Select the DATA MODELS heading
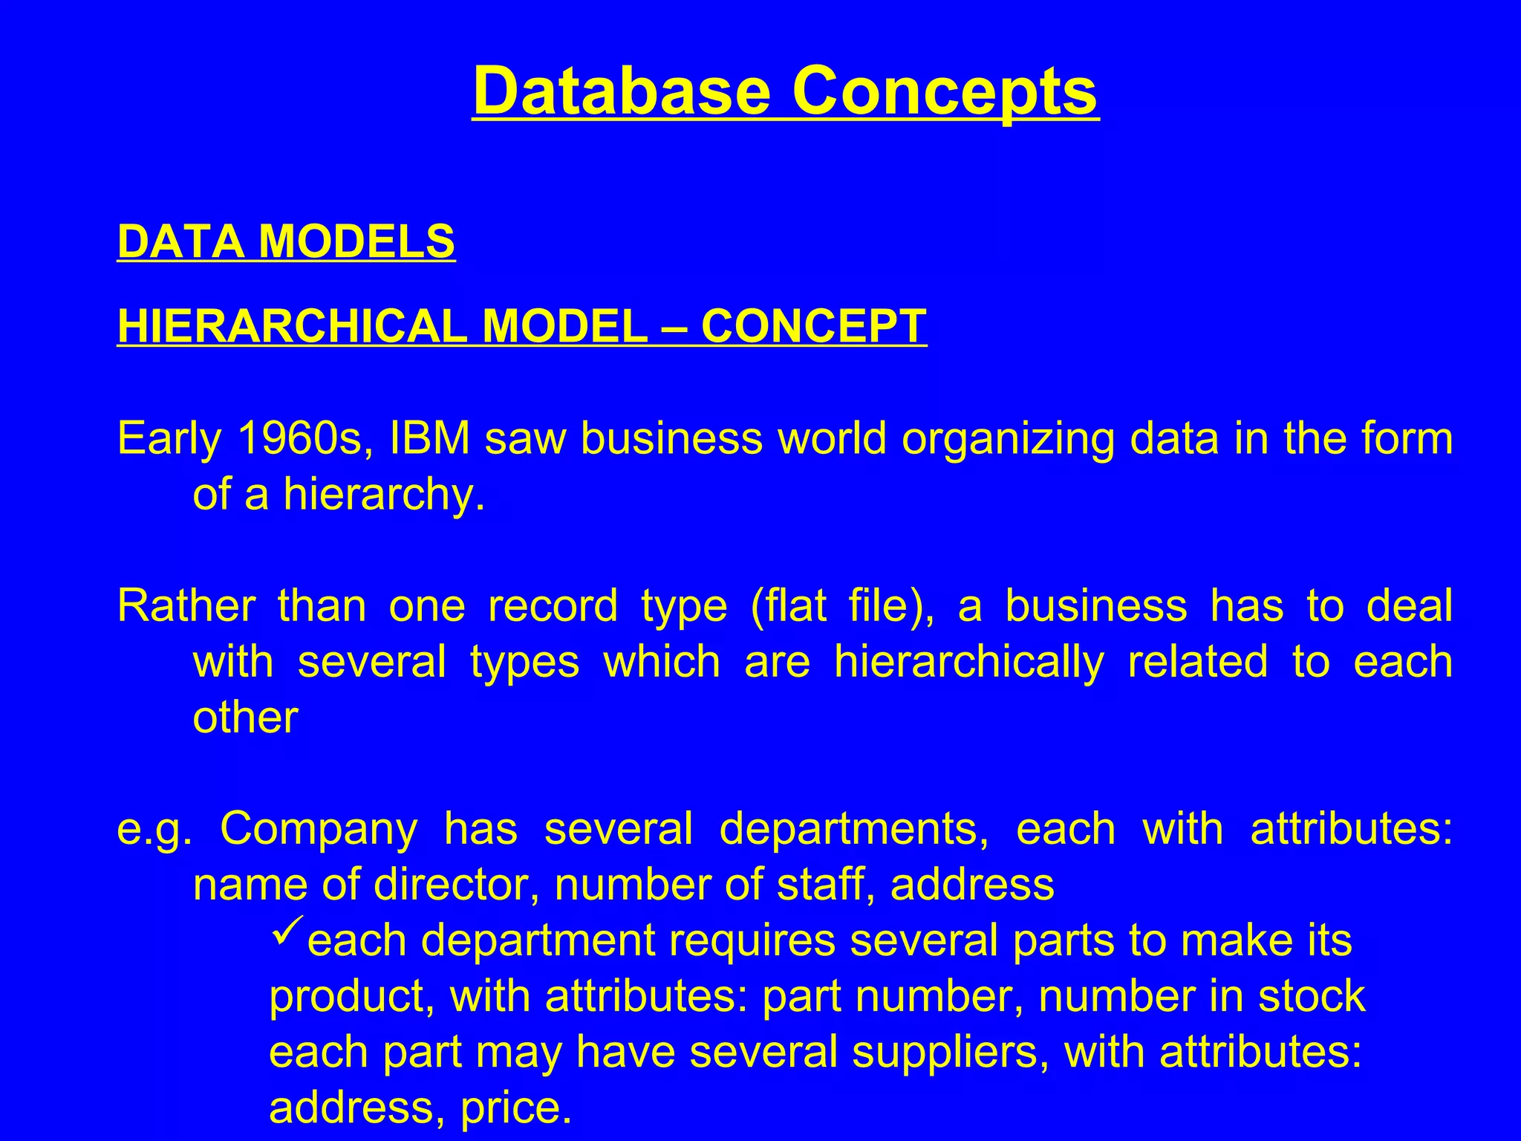point(286,241)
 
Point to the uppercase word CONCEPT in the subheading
point(813,326)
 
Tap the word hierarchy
point(383,494)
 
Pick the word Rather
point(186,605)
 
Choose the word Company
point(319,829)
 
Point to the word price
point(515,1108)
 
